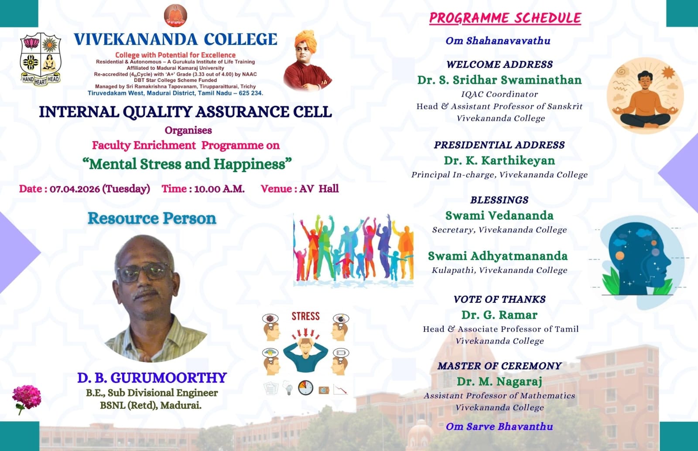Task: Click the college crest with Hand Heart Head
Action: (41, 59)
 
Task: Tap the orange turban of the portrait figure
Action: (306, 41)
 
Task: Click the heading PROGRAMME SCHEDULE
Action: (505, 18)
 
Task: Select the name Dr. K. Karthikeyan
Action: (500, 161)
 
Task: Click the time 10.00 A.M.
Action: (219, 189)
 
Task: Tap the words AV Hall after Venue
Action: (319, 189)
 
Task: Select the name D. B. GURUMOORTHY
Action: (152, 378)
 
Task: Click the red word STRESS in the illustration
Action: (306, 316)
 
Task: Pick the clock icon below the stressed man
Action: (306, 388)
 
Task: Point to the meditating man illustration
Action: (645, 96)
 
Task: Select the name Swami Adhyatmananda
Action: (498, 256)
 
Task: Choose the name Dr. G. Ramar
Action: (500, 315)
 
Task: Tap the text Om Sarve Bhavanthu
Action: (500, 427)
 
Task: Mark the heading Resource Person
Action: (152, 218)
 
